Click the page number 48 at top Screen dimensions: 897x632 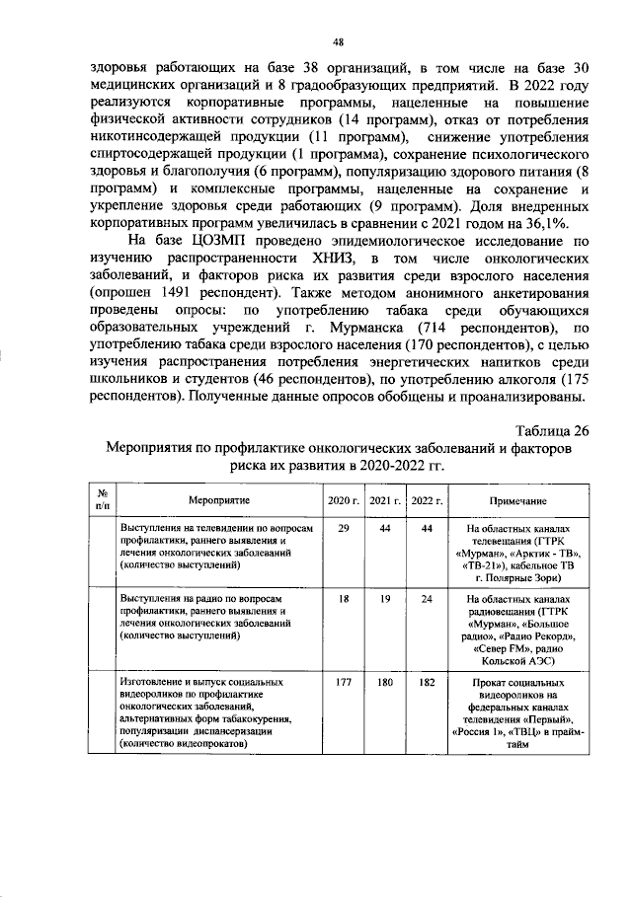(x=338, y=40)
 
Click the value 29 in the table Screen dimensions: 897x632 (x=344, y=529)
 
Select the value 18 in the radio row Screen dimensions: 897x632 (x=344, y=599)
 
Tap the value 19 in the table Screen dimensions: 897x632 (x=385, y=599)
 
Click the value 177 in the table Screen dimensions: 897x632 (x=344, y=682)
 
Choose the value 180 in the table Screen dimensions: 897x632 (x=385, y=682)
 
